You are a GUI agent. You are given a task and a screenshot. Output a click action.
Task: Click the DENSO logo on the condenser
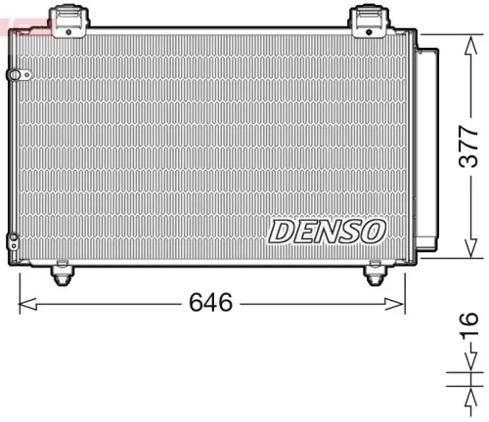tap(327, 232)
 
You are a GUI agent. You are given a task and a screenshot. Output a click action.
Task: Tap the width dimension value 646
tap(210, 302)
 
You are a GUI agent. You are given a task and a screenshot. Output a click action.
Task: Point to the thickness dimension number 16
tap(468, 319)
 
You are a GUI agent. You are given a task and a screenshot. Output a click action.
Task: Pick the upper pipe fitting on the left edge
tap(12, 73)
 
